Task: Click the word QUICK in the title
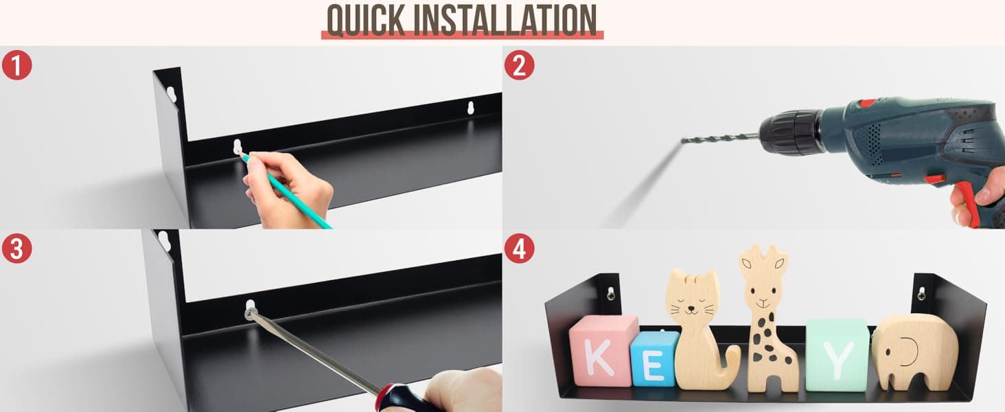[366, 21]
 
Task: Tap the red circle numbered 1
[16, 65]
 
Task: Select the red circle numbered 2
[519, 65]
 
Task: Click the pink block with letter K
[603, 350]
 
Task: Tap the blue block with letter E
[654, 359]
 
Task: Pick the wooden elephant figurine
[915, 353]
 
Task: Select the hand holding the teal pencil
[287, 189]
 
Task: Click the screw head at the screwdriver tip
[250, 312]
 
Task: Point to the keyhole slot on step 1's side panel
[171, 94]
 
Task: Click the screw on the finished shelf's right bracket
[921, 293]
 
